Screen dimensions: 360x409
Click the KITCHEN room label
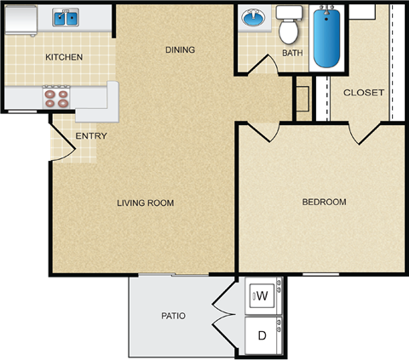[x=64, y=58]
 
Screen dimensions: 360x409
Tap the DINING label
[x=180, y=49]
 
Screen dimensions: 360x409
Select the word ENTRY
[x=90, y=136]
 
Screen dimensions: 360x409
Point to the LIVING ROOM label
[x=146, y=203]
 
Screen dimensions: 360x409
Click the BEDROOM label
[x=325, y=202]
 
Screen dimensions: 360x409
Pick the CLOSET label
[x=364, y=93]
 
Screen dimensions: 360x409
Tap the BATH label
[x=292, y=54]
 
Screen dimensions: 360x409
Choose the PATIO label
[x=173, y=317]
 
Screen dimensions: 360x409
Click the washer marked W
[x=262, y=296]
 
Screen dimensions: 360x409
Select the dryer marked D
[x=262, y=335]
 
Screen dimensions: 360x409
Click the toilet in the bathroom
[x=290, y=26]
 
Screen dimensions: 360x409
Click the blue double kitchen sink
[x=66, y=16]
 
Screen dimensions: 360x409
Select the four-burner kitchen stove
[x=56, y=96]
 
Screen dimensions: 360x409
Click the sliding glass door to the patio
[x=174, y=274]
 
